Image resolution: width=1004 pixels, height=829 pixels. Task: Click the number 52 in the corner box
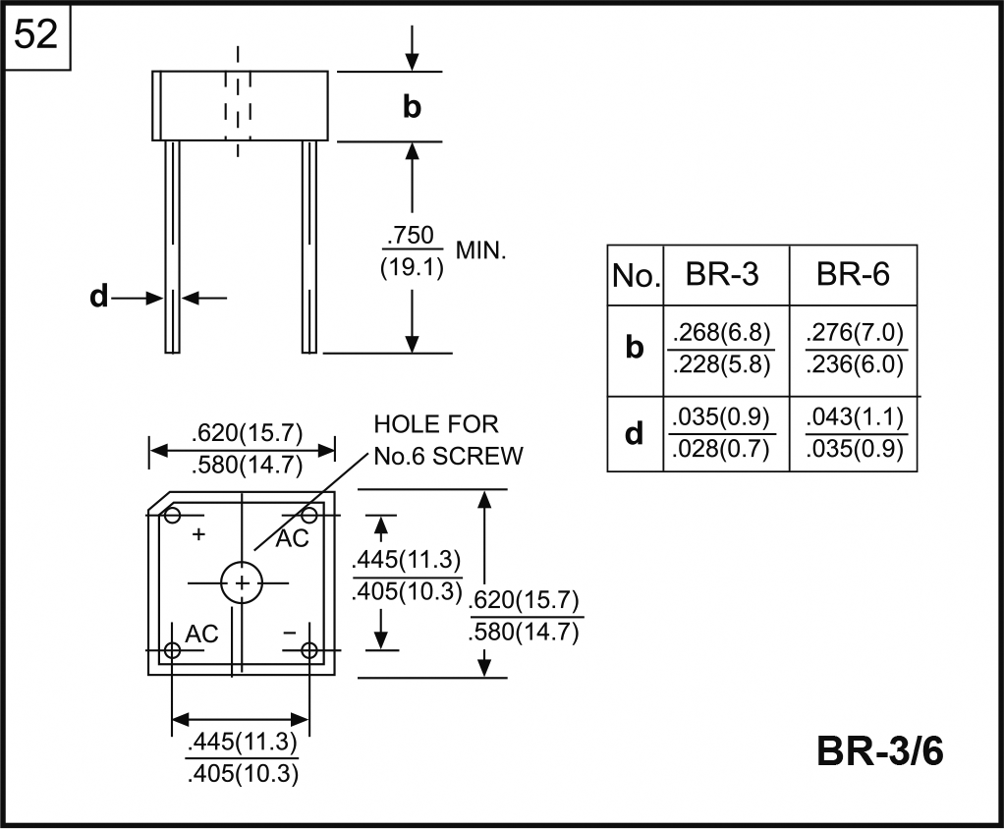click(37, 36)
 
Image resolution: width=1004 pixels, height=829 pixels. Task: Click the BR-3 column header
click(722, 275)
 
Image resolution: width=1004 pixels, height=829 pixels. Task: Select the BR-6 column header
click(853, 275)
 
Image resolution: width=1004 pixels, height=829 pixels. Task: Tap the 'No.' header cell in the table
click(635, 276)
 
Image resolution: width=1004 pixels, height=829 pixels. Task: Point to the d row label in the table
click(635, 433)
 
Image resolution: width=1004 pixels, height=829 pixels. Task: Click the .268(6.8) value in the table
click(721, 331)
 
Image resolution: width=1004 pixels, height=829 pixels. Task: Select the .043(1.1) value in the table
click(854, 416)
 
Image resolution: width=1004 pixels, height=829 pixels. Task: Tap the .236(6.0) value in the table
click(854, 364)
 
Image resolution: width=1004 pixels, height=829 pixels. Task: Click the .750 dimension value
click(411, 237)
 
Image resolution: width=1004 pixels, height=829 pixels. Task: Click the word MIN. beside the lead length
click(480, 251)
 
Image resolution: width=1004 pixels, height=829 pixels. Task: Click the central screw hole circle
click(242, 583)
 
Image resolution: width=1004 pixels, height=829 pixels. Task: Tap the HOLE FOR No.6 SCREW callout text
click(448, 440)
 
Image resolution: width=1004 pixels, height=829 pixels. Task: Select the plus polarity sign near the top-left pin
click(199, 534)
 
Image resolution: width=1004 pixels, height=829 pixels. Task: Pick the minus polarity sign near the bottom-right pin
click(289, 633)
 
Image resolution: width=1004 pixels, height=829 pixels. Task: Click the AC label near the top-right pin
click(292, 538)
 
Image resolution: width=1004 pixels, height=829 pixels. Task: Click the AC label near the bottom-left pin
click(201, 634)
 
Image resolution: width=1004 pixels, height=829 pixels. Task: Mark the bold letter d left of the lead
click(98, 297)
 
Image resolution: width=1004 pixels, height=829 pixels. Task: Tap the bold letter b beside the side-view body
click(412, 107)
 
